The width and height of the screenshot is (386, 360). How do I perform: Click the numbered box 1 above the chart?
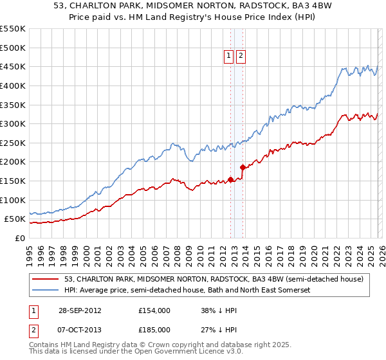click(x=228, y=57)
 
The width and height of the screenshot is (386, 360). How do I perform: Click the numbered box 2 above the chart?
click(x=241, y=57)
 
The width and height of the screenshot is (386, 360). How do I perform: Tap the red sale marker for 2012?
click(x=231, y=179)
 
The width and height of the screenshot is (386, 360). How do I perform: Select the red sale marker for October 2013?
click(x=243, y=168)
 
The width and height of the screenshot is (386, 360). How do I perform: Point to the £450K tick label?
click(x=13, y=67)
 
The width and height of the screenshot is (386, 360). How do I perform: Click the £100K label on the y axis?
click(x=13, y=201)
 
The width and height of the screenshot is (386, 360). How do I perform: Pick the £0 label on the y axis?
click(x=20, y=239)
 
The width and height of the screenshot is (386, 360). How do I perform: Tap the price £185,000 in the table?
click(x=154, y=329)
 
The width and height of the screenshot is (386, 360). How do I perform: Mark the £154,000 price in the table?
click(x=154, y=310)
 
